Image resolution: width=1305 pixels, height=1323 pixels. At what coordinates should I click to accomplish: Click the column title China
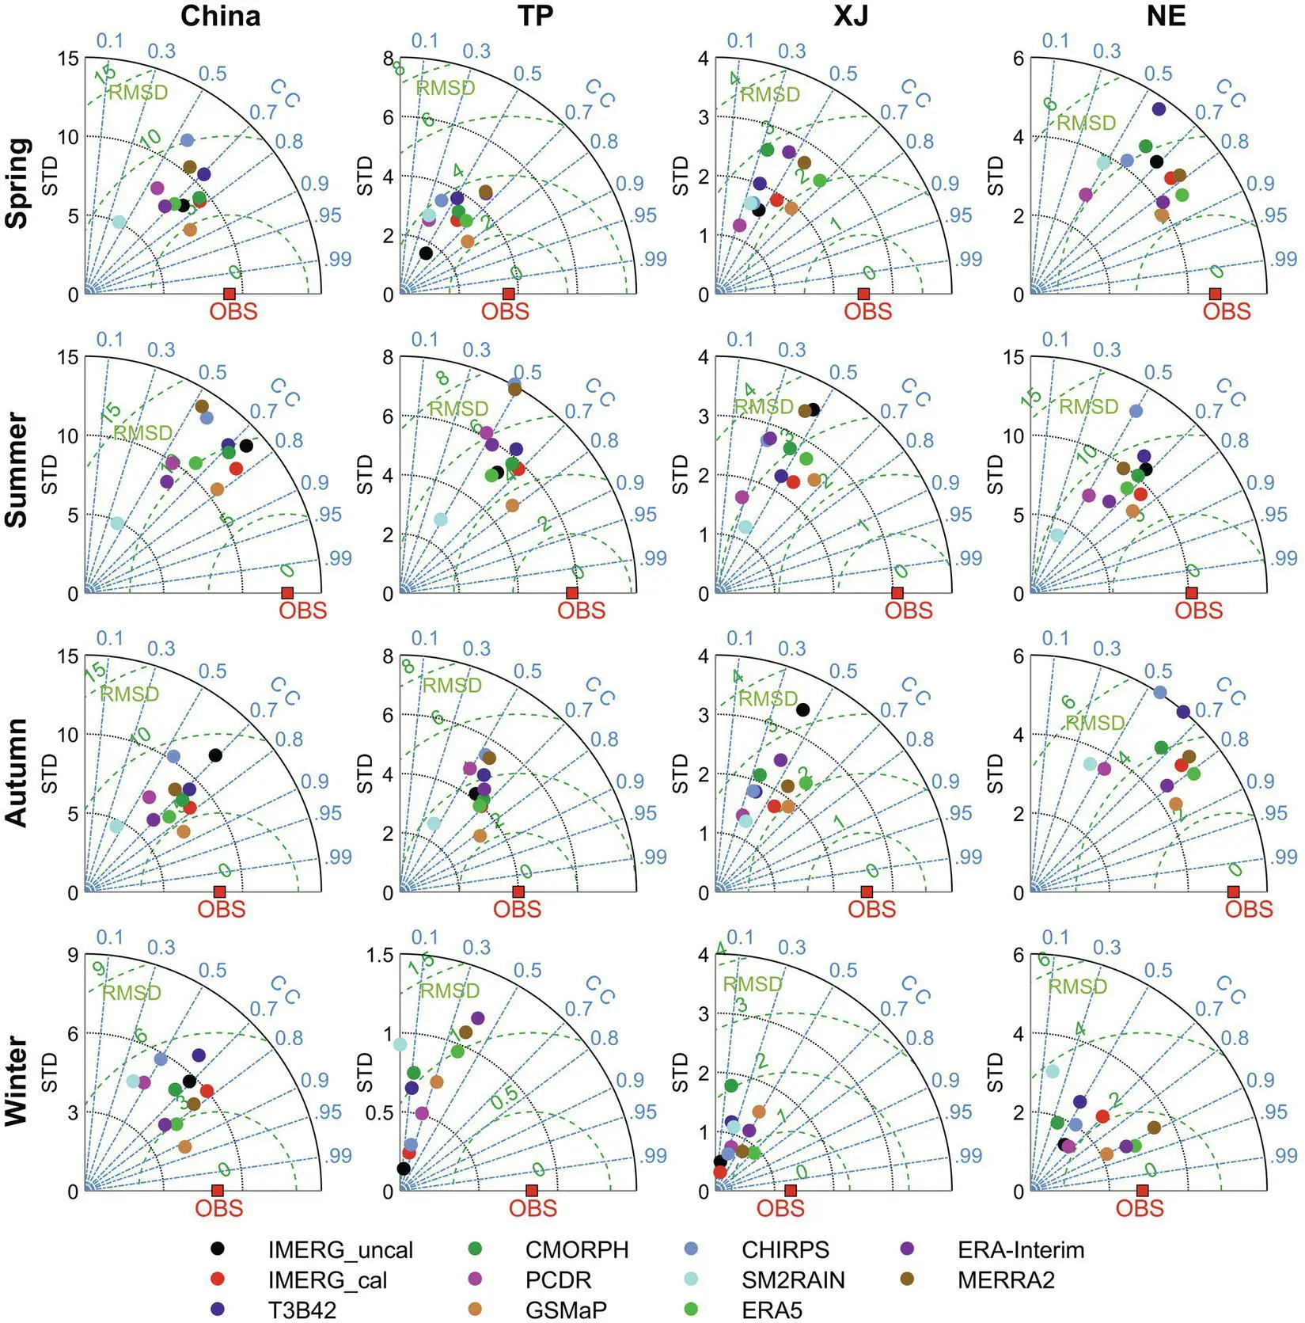pyautogui.click(x=220, y=16)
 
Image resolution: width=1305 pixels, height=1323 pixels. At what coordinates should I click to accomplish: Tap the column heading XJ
pyautogui.click(x=851, y=16)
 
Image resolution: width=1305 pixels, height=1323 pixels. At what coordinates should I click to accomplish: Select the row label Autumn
pyautogui.click(x=17, y=772)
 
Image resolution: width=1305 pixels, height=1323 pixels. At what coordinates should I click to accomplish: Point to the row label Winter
pyautogui.click(x=17, y=1081)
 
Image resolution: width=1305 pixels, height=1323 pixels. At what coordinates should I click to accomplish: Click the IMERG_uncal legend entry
pyautogui.click(x=340, y=1249)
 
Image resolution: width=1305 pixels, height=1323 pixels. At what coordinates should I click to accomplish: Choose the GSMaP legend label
pyautogui.click(x=565, y=1310)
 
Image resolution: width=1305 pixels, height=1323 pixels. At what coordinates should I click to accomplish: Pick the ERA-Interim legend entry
pyautogui.click(x=1020, y=1249)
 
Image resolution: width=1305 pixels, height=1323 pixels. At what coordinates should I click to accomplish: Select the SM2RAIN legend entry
pyautogui.click(x=792, y=1279)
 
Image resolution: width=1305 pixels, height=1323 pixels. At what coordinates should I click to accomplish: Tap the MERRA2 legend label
pyautogui.click(x=1006, y=1279)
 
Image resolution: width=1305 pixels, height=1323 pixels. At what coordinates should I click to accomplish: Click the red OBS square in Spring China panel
pyautogui.click(x=230, y=294)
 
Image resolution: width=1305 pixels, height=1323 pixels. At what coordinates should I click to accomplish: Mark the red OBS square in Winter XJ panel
pyautogui.click(x=790, y=1191)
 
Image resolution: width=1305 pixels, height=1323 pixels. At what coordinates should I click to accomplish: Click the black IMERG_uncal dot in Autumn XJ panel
pyautogui.click(x=802, y=709)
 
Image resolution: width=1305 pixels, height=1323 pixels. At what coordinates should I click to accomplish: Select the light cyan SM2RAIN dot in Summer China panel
pyautogui.click(x=117, y=523)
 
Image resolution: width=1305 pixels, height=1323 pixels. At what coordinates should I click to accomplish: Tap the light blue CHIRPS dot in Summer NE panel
pyautogui.click(x=1136, y=411)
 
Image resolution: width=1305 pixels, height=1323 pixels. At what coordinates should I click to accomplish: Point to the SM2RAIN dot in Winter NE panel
pyautogui.click(x=1052, y=1071)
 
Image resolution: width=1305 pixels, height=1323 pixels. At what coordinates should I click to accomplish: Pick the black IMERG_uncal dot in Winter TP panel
pyautogui.click(x=404, y=1169)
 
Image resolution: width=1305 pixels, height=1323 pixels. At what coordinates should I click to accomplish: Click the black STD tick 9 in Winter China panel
pyautogui.click(x=73, y=956)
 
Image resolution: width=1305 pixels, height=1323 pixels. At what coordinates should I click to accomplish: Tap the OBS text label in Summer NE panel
pyautogui.click(x=1198, y=610)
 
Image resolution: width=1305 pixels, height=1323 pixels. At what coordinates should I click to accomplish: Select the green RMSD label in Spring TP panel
pyautogui.click(x=446, y=88)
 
